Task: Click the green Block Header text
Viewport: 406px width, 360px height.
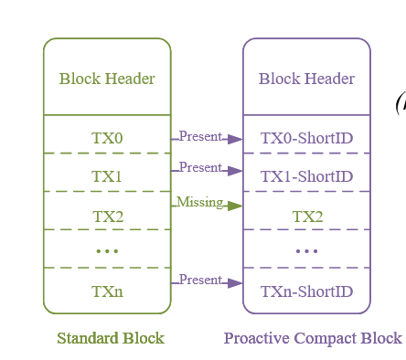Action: tap(107, 79)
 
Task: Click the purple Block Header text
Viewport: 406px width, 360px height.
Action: tap(306, 79)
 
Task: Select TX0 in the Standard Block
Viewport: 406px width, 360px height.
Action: tap(107, 138)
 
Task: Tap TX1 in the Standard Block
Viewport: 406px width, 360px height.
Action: tap(107, 176)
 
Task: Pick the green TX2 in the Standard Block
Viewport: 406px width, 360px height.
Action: tap(107, 216)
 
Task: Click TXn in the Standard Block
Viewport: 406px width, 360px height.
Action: tap(107, 291)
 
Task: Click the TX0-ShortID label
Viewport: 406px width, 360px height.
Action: tap(306, 138)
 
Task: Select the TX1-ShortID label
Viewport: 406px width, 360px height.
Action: tap(306, 176)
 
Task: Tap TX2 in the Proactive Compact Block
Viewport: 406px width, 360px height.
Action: tap(307, 216)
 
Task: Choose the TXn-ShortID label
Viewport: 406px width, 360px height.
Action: tap(306, 291)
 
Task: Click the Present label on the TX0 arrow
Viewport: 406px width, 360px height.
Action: tap(200, 137)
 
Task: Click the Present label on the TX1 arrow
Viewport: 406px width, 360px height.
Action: tap(200, 168)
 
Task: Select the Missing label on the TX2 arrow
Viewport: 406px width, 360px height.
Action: tap(199, 202)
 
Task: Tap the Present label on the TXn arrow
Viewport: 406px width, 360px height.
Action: tap(200, 280)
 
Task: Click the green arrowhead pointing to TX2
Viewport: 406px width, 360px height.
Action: tap(235, 206)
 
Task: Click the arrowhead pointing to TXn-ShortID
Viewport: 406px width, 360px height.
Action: tap(235, 284)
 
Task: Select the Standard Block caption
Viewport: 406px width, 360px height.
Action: tap(111, 338)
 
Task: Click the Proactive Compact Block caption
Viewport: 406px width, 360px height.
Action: tap(313, 338)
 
